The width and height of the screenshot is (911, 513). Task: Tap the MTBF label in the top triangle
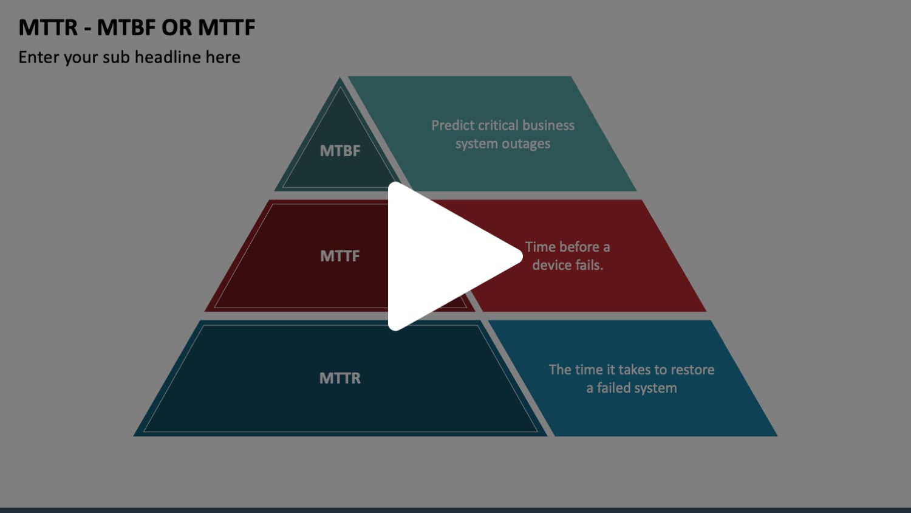pyautogui.click(x=340, y=151)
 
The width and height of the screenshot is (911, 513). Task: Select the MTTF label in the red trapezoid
pyautogui.click(x=340, y=256)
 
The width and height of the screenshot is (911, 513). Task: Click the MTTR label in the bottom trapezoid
pyautogui.click(x=340, y=378)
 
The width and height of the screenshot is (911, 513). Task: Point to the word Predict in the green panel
pyautogui.click(x=452, y=126)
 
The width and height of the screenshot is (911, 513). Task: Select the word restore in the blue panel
pyautogui.click(x=692, y=370)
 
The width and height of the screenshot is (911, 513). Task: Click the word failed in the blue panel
pyautogui.click(x=615, y=388)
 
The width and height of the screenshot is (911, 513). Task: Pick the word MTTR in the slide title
pyautogui.click(x=48, y=27)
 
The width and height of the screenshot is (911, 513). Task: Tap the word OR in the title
pyautogui.click(x=177, y=27)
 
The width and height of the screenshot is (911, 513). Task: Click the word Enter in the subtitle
pyautogui.click(x=39, y=57)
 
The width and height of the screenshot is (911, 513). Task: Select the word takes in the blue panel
pyautogui.click(x=634, y=370)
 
